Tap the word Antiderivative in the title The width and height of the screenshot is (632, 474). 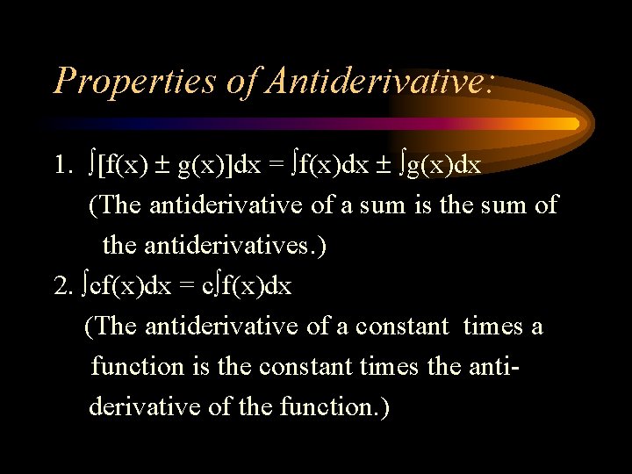point(378,80)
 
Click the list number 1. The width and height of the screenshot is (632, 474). point(61,164)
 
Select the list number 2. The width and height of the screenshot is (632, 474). point(61,285)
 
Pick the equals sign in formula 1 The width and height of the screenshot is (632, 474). point(276,164)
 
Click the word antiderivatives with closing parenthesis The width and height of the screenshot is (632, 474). point(215,245)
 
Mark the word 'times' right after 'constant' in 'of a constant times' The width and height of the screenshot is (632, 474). point(492,327)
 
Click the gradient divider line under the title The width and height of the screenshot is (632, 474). point(316,124)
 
